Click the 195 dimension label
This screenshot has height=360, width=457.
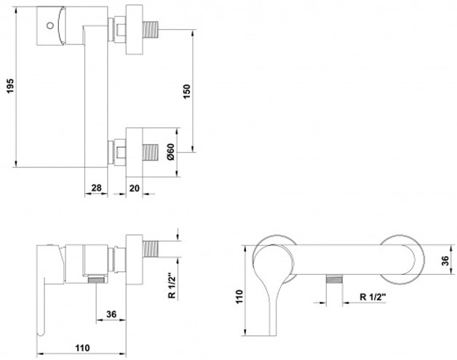[10, 87]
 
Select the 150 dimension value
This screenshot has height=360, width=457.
[187, 91]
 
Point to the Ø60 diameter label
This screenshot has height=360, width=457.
[171, 152]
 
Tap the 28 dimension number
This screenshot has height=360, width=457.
[97, 188]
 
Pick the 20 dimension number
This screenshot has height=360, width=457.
[135, 188]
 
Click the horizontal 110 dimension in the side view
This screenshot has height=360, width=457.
[83, 348]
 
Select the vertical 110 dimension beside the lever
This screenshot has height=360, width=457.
[239, 297]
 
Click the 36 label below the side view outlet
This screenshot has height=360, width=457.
[111, 314]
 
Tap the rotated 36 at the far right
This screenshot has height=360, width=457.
[445, 261]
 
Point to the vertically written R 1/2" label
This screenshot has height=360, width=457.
[172, 286]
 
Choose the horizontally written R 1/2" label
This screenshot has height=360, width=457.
[373, 297]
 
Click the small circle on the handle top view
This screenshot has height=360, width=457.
[49, 25]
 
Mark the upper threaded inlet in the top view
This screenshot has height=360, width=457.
[151, 29]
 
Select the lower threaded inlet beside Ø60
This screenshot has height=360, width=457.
[151, 152]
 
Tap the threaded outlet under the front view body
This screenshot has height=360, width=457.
[334, 279]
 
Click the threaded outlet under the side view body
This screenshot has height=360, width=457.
[96, 280]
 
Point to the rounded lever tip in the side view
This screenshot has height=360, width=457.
[41, 332]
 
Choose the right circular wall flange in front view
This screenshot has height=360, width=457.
[403, 260]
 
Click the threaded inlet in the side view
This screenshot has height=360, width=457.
[151, 249]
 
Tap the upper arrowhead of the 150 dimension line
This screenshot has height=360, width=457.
[193, 32]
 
